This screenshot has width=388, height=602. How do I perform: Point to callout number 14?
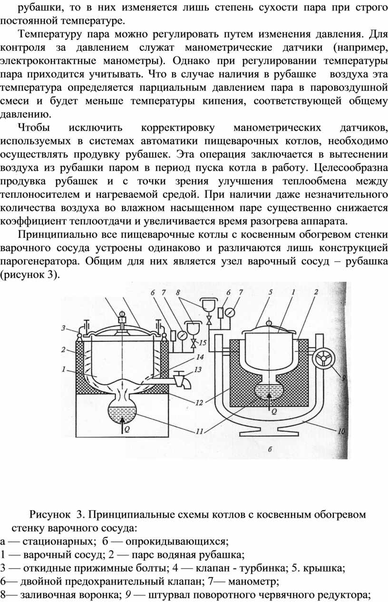[x=200, y=357]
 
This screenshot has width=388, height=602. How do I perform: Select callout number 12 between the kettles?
[x=199, y=403]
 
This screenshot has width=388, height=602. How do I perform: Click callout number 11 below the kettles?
[x=199, y=432]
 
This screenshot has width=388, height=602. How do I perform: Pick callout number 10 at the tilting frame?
[x=341, y=431]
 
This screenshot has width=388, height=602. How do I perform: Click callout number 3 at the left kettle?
[x=63, y=328]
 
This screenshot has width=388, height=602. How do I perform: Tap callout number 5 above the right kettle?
[x=271, y=292]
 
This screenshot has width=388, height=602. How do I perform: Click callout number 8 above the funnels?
[x=178, y=292]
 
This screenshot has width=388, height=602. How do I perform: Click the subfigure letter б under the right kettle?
[x=270, y=449]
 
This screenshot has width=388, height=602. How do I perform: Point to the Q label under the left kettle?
[x=127, y=430]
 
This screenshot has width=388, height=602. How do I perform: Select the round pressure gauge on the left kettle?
[x=182, y=335]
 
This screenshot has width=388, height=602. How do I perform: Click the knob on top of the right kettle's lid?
[x=269, y=323]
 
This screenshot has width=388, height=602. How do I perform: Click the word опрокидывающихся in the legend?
[x=177, y=541]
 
